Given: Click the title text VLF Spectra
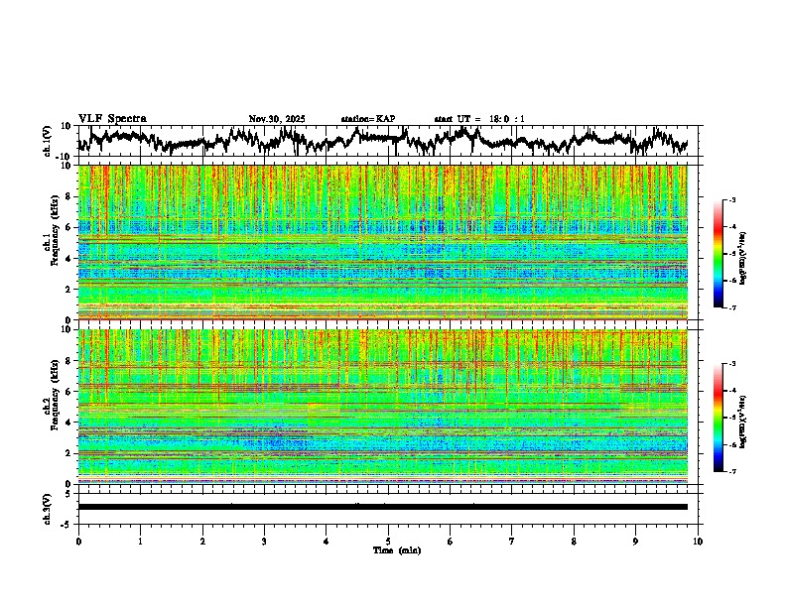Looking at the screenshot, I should (112, 118).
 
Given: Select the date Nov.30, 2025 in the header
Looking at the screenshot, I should (277, 119).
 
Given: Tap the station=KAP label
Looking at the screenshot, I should (367, 119).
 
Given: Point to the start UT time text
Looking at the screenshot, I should (479, 119).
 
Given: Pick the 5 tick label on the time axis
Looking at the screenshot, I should (388, 541).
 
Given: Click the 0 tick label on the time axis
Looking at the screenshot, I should (78, 541).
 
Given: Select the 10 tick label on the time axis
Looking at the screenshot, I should (698, 541).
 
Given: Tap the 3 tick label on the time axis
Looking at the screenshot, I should (264, 541).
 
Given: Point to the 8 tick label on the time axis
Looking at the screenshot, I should (574, 541).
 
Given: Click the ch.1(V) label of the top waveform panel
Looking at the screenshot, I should (48, 141).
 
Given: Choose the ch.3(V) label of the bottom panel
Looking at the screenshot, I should (48, 507).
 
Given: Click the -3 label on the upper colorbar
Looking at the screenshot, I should (732, 201).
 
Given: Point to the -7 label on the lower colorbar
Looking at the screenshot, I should (732, 472).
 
